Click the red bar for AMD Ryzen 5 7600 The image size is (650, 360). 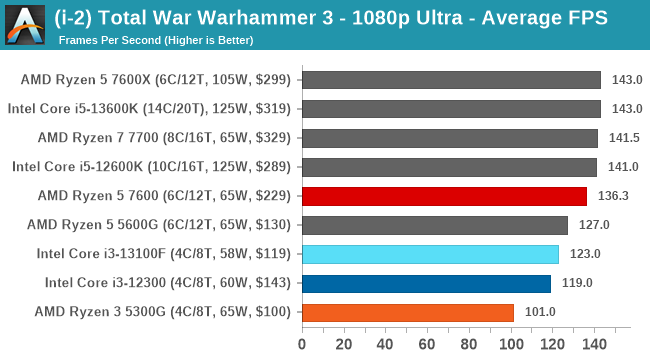pos(444,196)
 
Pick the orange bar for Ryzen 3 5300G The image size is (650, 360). pos(407,312)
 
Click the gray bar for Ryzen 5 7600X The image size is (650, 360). pos(451,80)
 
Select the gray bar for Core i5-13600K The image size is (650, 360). pos(451,109)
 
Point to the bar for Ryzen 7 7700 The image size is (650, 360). pos(449,138)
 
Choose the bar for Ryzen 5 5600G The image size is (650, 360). pos(434,225)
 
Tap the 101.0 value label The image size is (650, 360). pos(539,312)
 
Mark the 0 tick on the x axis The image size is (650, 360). pos(302,345)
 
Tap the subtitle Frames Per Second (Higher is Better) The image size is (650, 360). pos(156,40)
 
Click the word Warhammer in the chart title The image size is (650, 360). pos(264,18)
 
